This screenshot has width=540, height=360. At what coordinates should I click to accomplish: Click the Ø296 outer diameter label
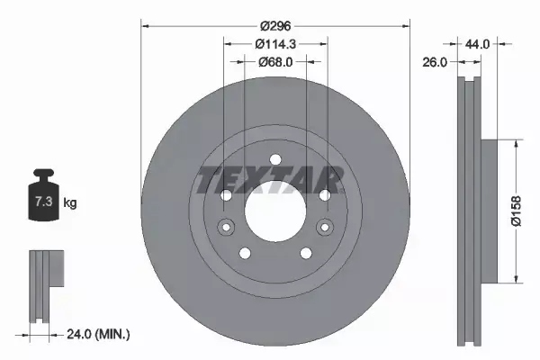tap(275, 26)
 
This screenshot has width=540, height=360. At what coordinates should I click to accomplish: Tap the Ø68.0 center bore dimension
tap(275, 62)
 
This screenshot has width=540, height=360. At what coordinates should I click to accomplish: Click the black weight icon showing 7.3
tap(43, 197)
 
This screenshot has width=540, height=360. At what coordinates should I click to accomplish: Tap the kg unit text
tap(70, 203)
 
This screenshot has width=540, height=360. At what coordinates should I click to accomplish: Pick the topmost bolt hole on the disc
tap(274, 161)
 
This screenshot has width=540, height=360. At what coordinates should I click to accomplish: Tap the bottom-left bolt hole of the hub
tap(245, 252)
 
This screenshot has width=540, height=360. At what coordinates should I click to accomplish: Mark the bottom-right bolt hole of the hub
tap(305, 252)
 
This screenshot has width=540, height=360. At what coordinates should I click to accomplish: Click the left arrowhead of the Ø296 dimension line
tap(145, 26)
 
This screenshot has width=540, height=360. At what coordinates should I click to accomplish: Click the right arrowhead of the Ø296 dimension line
tap(406, 26)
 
